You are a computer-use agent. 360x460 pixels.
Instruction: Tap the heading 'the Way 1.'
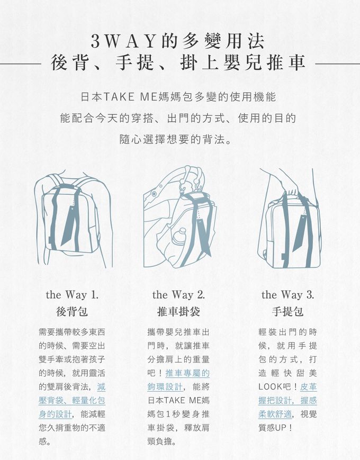[x=72, y=295]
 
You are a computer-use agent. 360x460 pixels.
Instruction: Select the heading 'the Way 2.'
[x=179, y=295]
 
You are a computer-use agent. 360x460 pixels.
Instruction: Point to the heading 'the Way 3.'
[x=288, y=295]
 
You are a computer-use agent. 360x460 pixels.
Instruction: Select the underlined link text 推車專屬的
[x=187, y=373]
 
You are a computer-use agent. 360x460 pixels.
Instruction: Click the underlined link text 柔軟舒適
[x=275, y=414]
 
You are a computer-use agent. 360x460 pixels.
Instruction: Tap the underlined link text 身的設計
[x=55, y=414]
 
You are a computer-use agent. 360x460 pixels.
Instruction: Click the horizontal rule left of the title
[x=20, y=64]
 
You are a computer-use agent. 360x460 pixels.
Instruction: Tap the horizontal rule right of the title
[x=337, y=64]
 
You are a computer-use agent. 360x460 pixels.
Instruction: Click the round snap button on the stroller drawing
[x=154, y=194]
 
